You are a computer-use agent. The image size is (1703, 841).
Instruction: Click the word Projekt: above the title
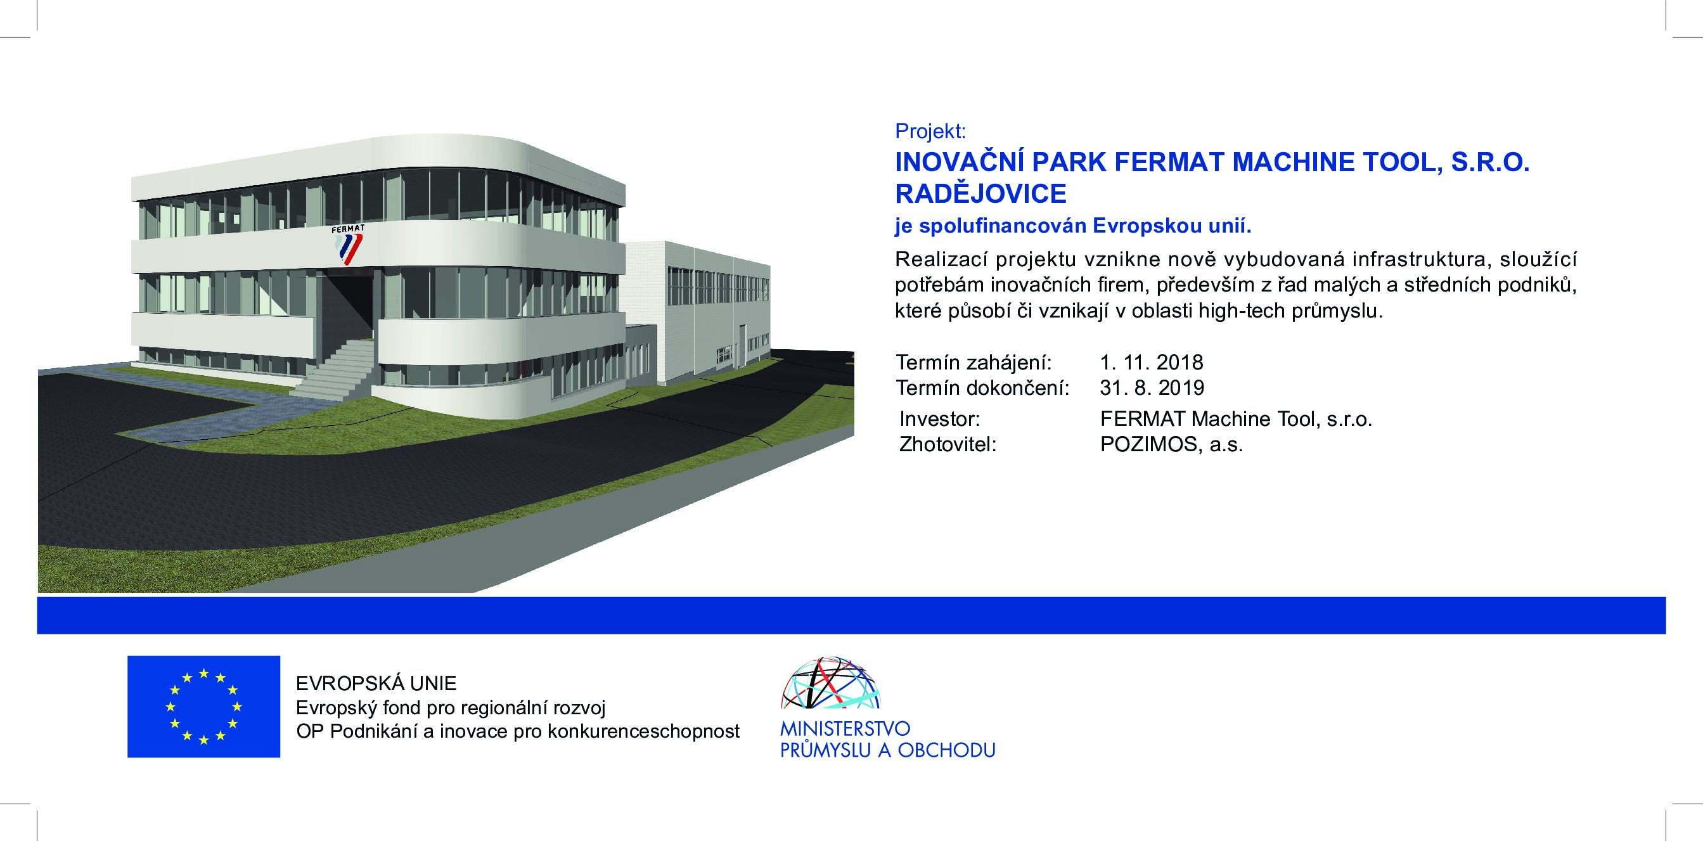coord(930,132)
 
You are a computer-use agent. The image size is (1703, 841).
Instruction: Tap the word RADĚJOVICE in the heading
coord(980,193)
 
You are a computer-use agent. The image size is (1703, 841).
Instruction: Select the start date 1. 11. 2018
coord(1152,363)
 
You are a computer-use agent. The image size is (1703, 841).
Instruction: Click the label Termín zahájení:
coord(973,363)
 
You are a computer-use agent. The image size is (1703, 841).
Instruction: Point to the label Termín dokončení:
coord(982,387)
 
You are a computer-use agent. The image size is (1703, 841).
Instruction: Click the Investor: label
coord(939,419)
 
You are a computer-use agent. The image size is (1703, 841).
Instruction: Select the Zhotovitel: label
coord(948,444)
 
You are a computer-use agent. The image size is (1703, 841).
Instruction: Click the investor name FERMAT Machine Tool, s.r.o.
coord(1237,419)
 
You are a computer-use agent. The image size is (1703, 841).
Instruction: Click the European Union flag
coord(203,706)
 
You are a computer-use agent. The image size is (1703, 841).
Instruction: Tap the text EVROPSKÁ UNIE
coord(376,683)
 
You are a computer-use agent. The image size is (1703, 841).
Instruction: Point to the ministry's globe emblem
coord(831,683)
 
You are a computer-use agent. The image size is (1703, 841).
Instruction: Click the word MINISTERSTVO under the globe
coord(845,729)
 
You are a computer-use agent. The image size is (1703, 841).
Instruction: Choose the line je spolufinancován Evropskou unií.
coord(1074,226)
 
